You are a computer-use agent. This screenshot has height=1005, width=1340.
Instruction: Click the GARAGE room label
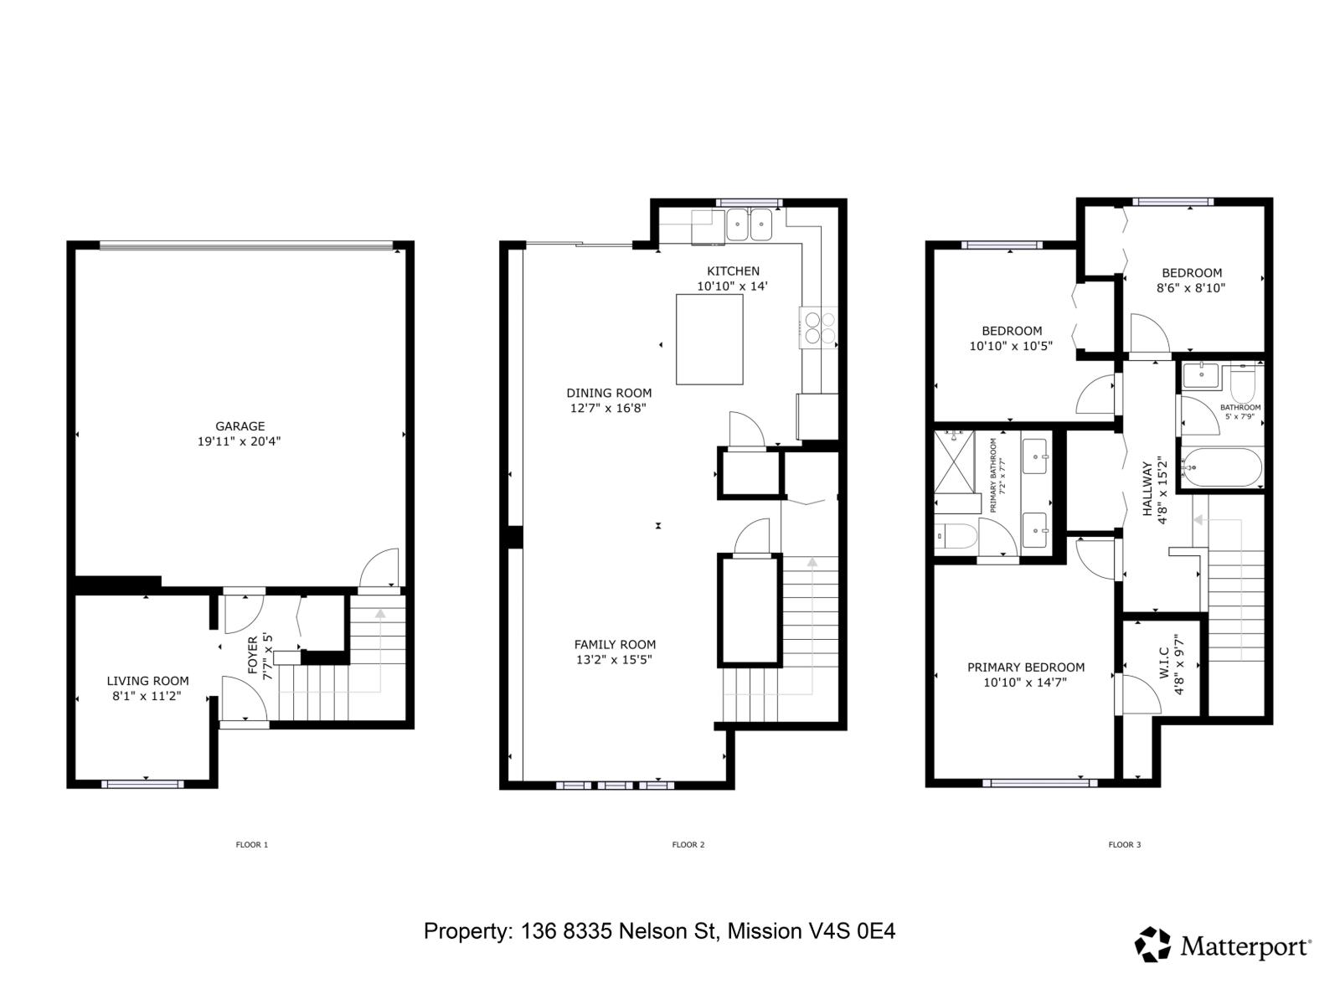point(240,426)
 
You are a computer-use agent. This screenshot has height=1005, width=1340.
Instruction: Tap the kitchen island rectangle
point(709,339)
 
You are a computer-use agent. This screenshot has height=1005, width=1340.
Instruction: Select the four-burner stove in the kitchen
point(818,327)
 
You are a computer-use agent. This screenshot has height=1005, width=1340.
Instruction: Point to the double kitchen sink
point(749,225)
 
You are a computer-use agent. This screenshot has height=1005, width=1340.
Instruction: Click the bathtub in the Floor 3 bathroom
point(1222,467)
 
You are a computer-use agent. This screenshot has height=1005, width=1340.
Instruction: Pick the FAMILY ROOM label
point(615,644)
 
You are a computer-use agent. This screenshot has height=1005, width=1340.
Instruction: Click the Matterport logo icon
point(1152,945)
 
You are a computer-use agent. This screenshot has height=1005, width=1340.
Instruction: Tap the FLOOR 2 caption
point(688,844)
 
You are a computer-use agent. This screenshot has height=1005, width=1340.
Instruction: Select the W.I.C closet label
point(1162,664)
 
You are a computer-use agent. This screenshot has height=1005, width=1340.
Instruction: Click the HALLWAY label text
point(1147,489)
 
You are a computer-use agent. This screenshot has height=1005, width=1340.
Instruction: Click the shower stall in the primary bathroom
point(955,462)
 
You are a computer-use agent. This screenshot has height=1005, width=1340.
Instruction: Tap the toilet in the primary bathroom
point(956,536)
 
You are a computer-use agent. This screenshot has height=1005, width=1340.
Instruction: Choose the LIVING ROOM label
point(147,681)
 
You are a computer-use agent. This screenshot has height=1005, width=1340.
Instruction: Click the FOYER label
point(253,656)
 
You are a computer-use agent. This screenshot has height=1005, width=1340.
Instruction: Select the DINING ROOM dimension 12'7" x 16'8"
point(608,408)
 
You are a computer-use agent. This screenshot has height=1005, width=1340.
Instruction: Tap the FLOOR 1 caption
point(251,844)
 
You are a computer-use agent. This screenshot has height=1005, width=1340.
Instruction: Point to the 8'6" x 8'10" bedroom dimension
point(1191,288)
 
